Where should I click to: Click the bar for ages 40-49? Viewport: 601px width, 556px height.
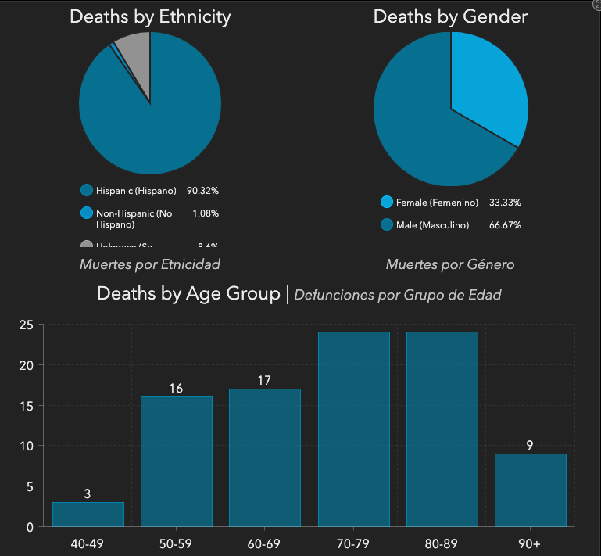[x=88, y=514]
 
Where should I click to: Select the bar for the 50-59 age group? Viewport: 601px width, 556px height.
[x=176, y=461]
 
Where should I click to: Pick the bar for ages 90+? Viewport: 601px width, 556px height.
[x=530, y=490]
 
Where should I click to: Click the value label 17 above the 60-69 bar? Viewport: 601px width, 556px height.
[x=264, y=381]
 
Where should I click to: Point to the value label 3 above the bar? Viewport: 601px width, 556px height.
[x=88, y=494]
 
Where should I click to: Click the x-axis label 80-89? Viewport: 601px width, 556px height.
[x=442, y=543]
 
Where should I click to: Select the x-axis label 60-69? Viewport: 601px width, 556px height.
[x=264, y=543]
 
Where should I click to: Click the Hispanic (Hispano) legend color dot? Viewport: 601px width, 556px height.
[x=87, y=190]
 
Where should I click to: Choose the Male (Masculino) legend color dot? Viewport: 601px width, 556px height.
[x=386, y=225]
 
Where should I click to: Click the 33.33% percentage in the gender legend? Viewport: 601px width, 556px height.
[x=505, y=203]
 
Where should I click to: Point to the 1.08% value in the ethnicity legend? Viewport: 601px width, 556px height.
[x=205, y=213]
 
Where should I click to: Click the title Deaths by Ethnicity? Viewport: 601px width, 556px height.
[x=150, y=17]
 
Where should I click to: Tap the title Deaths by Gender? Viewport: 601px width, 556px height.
[x=450, y=16]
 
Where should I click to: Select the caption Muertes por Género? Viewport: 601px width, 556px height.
[x=450, y=264]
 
